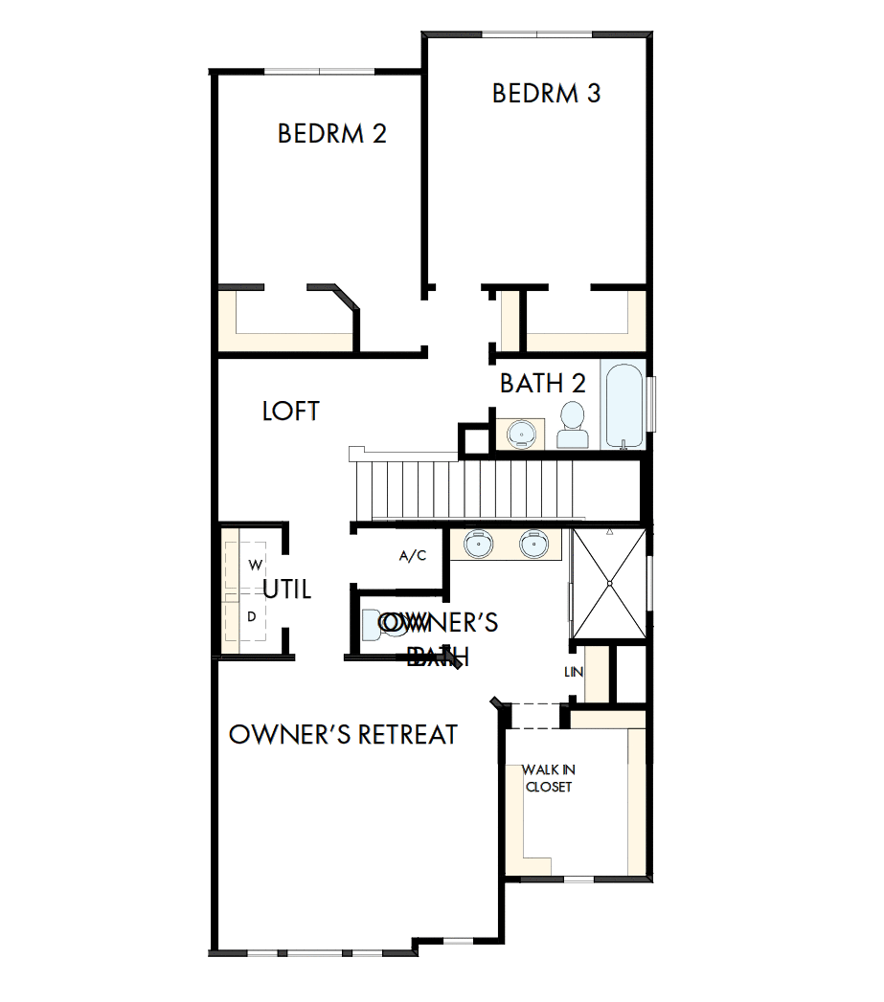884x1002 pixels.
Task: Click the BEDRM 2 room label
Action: pos(331,133)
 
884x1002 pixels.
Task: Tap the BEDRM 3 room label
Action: pos(546,94)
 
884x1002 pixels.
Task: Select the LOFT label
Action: pos(290,412)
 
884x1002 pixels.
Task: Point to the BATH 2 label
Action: pos(542,384)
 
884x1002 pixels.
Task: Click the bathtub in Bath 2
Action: pos(625,406)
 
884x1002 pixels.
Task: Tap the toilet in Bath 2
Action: pos(573,426)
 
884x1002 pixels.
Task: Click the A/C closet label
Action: pos(412,556)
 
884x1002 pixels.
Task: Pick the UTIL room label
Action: pos(287,590)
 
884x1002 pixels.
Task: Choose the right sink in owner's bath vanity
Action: pos(533,545)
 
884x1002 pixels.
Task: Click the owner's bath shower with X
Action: pos(608,583)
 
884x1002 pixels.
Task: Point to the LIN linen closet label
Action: pos(574,672)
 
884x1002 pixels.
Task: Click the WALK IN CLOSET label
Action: pos(548,778)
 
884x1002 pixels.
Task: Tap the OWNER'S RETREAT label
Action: pos(343,734)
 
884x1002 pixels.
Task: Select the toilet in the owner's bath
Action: pos(375,627)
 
